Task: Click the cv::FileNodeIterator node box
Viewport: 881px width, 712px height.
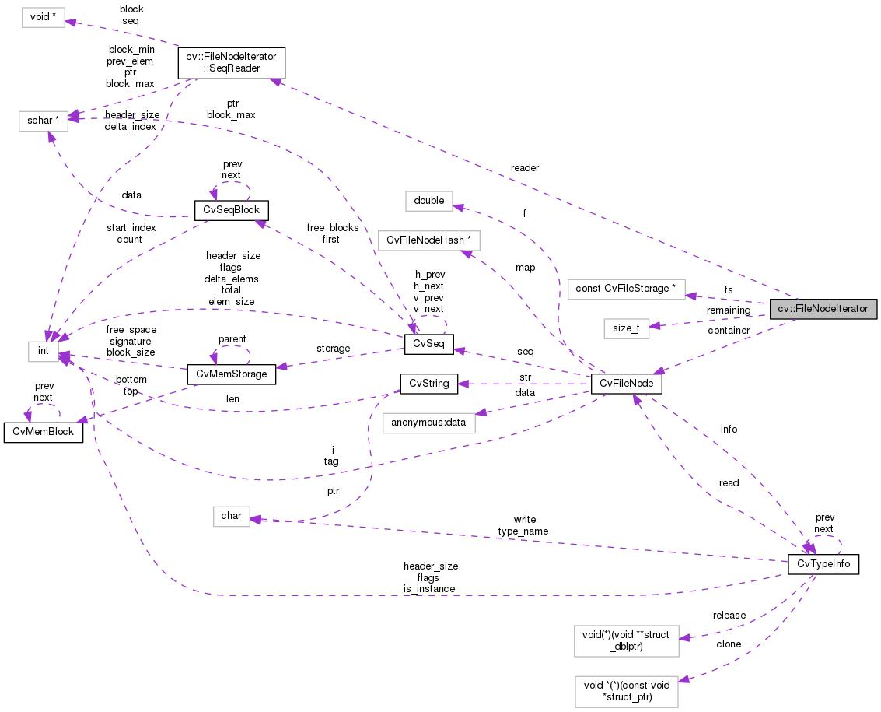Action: pos(823,308)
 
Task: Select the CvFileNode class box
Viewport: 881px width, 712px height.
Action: pos(626,384)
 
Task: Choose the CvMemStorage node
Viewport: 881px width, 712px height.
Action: pos(232,374)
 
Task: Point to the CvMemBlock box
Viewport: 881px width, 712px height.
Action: pos(44,433)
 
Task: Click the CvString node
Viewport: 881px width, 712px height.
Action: pos(428,383)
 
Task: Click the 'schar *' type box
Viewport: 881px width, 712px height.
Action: pos(43,121)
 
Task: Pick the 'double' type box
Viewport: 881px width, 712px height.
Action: pos(428,200)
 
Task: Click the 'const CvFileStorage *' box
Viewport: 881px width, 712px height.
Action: pos(627,289)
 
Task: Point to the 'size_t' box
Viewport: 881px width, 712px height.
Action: pos(626,328)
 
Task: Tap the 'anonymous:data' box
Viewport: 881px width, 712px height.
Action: pos(428,423)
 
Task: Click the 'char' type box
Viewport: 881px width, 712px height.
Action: pos(232,515)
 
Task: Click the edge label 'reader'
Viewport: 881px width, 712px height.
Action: pos(525,168)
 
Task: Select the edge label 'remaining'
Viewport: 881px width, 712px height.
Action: pos(728,310)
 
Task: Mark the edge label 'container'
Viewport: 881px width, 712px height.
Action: pos(729,330)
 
